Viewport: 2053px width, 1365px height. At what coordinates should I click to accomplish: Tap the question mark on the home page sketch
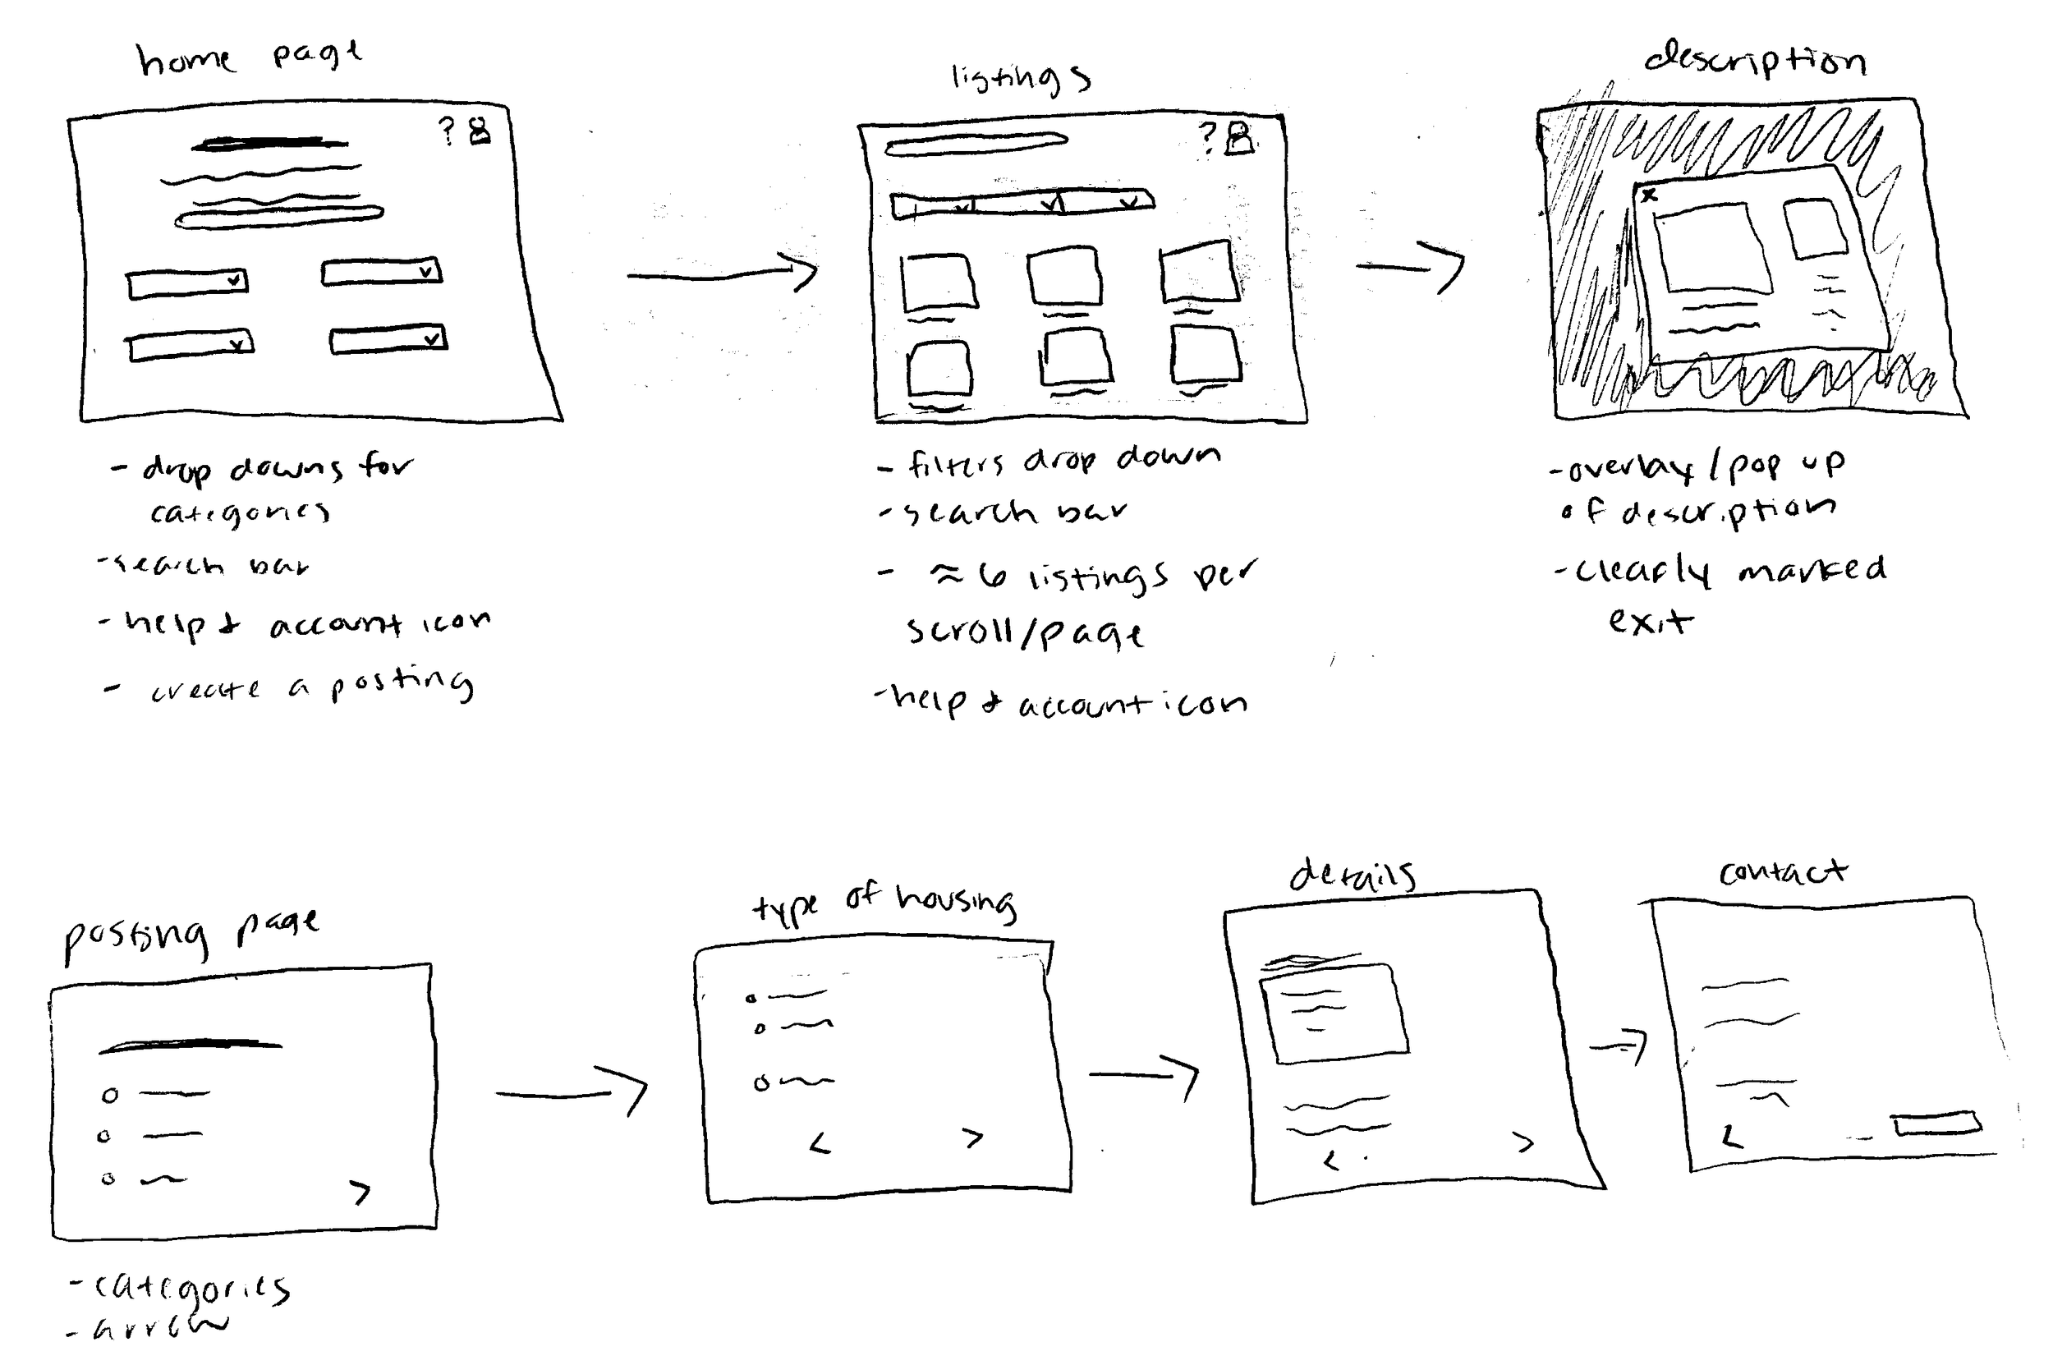[x=447, y=131]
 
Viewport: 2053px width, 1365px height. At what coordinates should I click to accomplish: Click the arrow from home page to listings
[x=723, y=274]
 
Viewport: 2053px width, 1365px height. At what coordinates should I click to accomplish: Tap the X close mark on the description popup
[x=1648, y=195]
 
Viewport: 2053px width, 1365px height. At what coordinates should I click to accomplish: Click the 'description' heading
[x=1753, y=61]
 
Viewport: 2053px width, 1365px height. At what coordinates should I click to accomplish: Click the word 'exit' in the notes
[x=1649, y=621]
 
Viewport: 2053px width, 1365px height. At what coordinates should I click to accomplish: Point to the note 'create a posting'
[x=310, y=686]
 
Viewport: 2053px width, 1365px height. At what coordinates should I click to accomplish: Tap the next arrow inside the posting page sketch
[x=361, y=1192]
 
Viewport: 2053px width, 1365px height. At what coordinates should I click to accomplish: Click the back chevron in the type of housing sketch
[x=820, y=1144]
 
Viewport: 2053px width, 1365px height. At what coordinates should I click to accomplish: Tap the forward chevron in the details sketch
[x=1523, y=1142]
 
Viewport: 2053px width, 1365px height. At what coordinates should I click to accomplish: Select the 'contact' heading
[x=1781, y=871]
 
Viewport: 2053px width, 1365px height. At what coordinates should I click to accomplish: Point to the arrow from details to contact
[x=1619, y=1046]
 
